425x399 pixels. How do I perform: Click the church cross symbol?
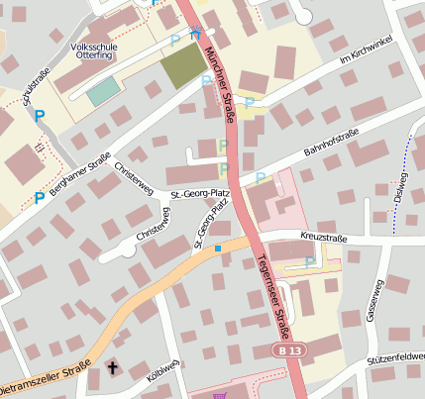(111, 368)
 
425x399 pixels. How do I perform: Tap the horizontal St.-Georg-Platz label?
(200, 194)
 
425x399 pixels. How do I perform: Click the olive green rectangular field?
(180, 65)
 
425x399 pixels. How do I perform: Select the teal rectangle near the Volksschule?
(101, 93)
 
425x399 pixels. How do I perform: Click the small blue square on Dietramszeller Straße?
(217, 248)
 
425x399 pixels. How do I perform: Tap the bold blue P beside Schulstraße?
(40, 117)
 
